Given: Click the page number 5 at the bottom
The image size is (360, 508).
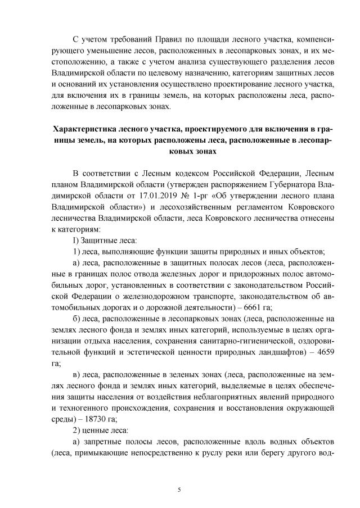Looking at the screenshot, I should click(179, 489).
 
